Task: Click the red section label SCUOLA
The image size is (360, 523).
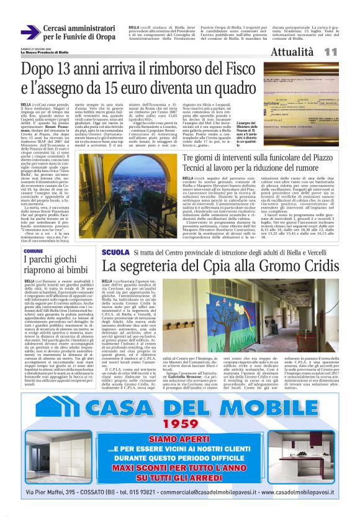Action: click(132, 253)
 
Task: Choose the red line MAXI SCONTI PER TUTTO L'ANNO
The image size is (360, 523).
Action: click(180, 468)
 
